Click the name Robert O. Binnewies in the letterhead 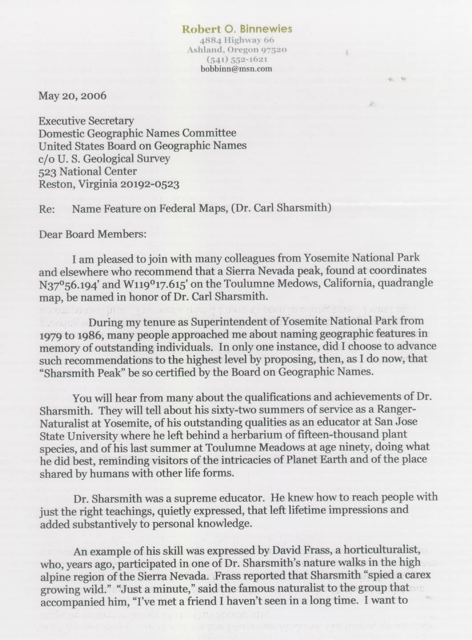tap(237, 29)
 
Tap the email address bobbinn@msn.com tap(236, 68)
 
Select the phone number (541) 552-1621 tap(237, 59)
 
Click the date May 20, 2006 tap(72, 95)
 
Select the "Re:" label tap(46, 208)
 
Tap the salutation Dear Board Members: tap(92, 233)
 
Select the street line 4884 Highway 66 tap(237, 40)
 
